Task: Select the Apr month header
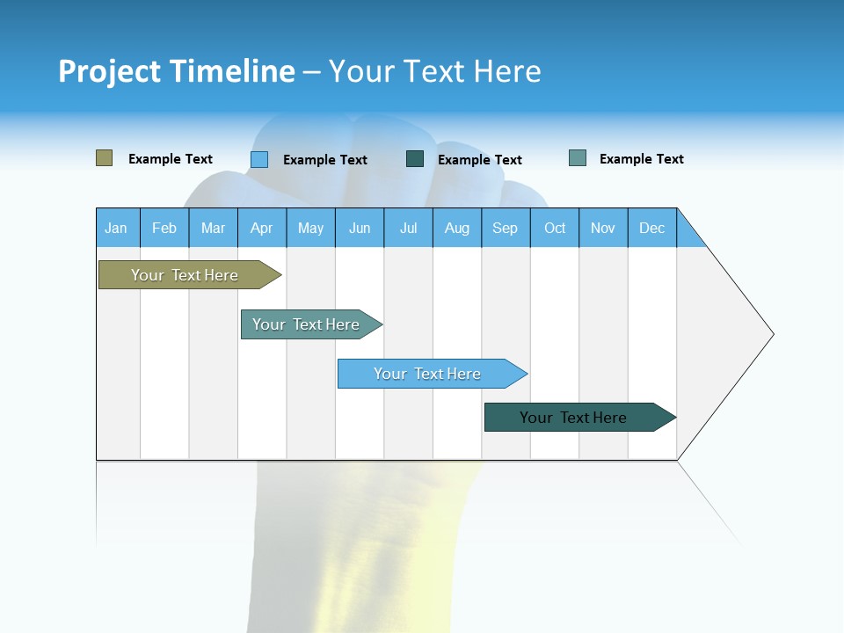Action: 262,228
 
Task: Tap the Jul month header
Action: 409,228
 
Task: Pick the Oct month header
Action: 555,228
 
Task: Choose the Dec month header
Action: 652,228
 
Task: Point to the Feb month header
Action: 164,228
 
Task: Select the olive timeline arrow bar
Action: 190,274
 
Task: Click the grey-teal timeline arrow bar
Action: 311,324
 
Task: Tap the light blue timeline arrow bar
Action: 433,374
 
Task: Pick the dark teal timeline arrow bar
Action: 580,417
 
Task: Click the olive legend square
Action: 104,157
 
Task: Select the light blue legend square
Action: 259,159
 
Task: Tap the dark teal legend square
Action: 414,159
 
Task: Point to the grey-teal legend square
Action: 578,157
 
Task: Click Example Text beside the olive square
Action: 170,159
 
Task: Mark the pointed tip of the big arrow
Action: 774,334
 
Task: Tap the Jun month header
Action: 360,228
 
